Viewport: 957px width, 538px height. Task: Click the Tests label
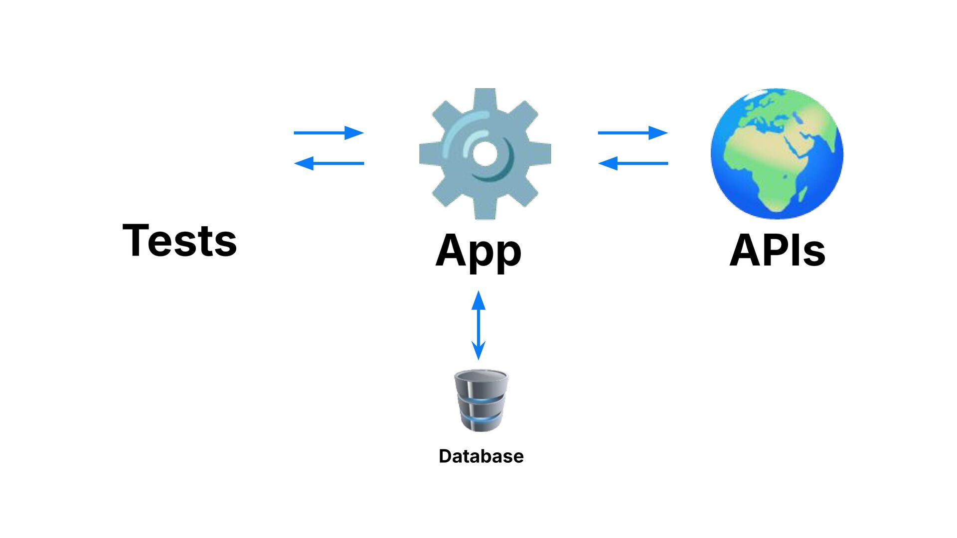coord(179,241)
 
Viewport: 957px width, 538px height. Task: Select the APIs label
coord(777,250)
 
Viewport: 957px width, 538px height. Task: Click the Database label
coord(481,456)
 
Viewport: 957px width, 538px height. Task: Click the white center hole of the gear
coord(484,153)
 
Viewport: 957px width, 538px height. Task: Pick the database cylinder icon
coord(481,400)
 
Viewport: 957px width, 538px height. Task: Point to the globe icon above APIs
coord(777,153)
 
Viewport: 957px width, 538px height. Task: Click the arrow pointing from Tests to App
coord(328,133)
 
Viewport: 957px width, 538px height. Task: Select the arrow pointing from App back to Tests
coord(328,163)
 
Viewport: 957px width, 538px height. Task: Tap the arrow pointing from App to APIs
coord(633,133)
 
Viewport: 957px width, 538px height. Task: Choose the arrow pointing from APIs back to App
coord(633,163)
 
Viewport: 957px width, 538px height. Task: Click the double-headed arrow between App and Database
coord(478,325)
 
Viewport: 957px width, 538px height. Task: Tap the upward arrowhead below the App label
coord(478,300)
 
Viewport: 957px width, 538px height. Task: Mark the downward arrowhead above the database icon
coord(478,351)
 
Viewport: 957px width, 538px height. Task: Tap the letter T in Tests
coord(135,241)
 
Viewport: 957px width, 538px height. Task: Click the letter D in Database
coord(445,456)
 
